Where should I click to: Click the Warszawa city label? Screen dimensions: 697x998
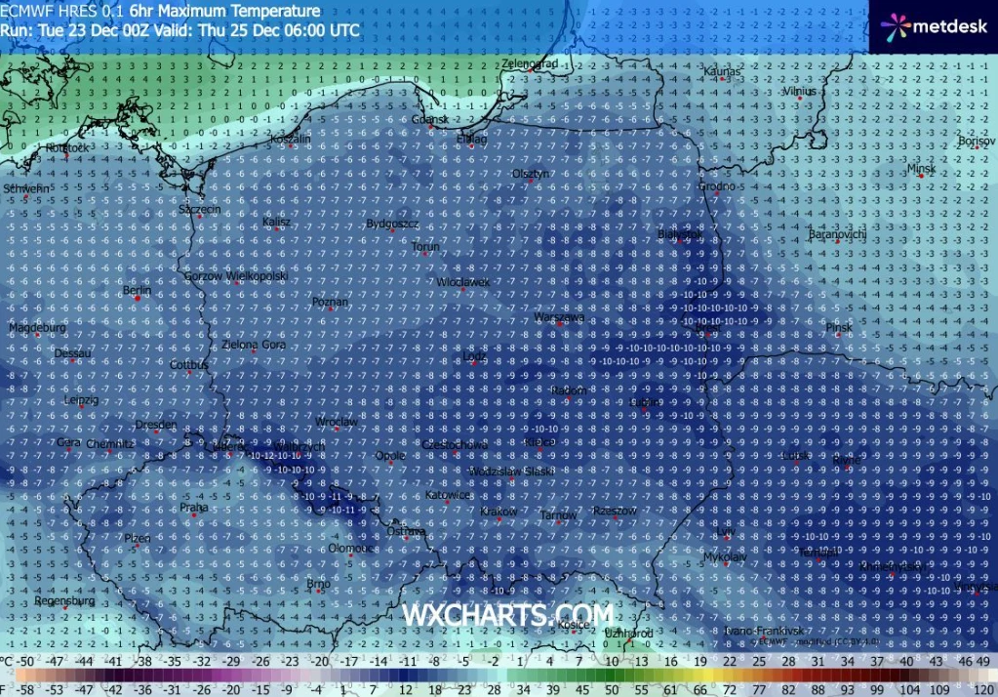click(x=559, y=317)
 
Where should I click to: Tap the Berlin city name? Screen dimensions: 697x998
click(x=138, y=290)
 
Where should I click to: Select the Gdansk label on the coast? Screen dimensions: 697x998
click(x=429, y=119)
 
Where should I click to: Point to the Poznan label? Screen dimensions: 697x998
click(x=330, y=302)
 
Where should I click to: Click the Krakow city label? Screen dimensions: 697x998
click(x=499, y=512)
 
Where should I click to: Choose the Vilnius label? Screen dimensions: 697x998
click(x=799, y=90)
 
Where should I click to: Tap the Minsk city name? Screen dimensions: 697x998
click(x=921, y=168)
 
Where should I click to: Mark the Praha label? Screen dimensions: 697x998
click(x=194, y=507)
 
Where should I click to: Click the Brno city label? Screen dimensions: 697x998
click(x=318, y=584)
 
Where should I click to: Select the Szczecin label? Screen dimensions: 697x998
click(x=200, y=209)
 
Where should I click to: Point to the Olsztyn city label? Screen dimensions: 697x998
click(x=532, y=173)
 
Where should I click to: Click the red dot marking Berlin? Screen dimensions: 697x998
click(x=138, y=299)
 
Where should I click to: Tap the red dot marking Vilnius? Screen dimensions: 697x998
click(x=799, y=98)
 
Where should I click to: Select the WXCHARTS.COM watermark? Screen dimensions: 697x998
click(x=508, y=615)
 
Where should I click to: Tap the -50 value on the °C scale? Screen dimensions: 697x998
click(x=27, y=661)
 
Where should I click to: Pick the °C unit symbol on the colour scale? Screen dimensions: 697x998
click(x=8, y=661)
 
